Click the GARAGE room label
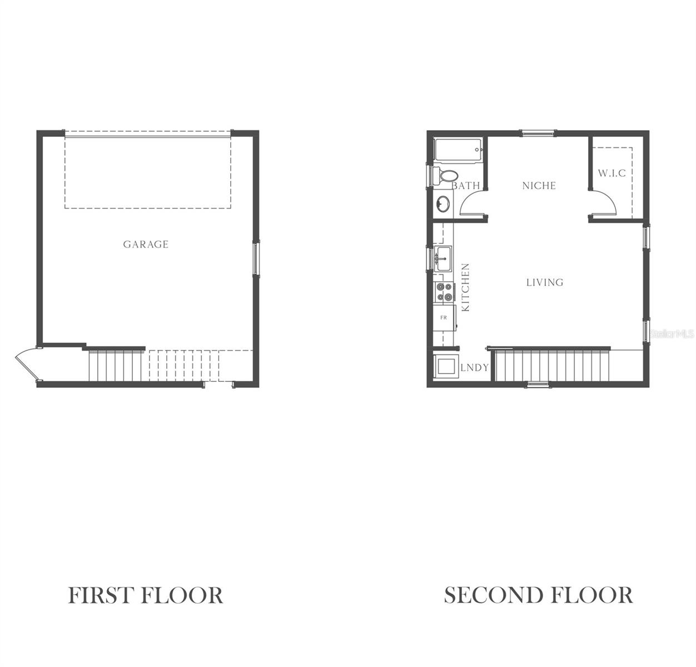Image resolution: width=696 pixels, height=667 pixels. pyautogui.click(x=146, y=244)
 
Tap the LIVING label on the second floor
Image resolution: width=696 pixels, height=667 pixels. pyautogui.click(x=545, y=282)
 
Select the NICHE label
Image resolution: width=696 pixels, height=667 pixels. pyautogui.click(x=539, y=186)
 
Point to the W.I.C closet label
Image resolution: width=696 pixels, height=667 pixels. pyautogui.click(x=612, y=173)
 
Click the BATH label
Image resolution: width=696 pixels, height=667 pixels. pyautogui.click(x=465, y=186)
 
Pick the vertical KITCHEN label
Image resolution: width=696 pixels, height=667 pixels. pyautogui.click(x=466, y=287)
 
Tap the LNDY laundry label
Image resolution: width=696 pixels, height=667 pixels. pyautogui.click(x=474, y=367)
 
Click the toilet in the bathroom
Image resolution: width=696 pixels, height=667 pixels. pyautogui.click(x=444, y=176)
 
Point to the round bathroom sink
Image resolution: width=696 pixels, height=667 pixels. pyautogui.click(x=443, y=204)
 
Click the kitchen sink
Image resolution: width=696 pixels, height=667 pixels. pyautogui.click(x=443, y=258)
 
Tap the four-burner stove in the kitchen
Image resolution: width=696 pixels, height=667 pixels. pyautogui.click(x=444, y=292)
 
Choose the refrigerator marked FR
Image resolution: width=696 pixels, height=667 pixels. pyautogui.click(x=444, y=317)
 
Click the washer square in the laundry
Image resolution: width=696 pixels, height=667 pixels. pyautogui.click(x=446, y=367)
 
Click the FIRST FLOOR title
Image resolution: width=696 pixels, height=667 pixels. pyautogui.click(x=146, y=595)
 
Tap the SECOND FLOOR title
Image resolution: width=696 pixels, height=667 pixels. pyautogui.click(x=538, y=595)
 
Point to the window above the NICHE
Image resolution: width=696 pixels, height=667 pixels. pyautogui.click(x=538, y=133)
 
